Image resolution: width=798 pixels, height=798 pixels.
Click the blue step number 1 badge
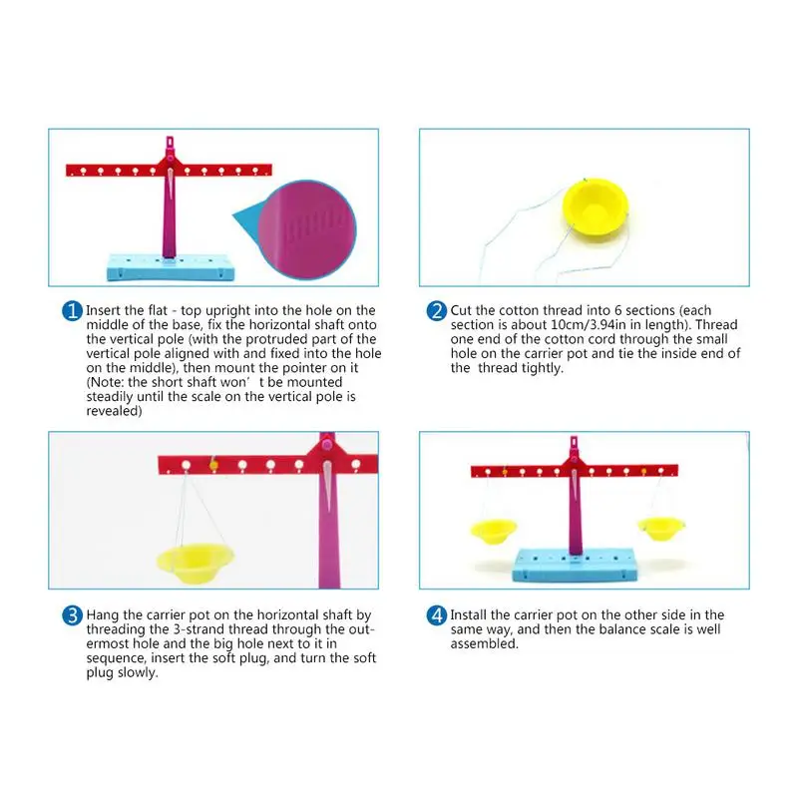pyautogui.click(x=72, y=311)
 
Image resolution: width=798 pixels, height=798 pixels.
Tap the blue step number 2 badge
pyautogui.click(x=437, y=311)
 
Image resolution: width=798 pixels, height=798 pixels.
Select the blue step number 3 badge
pyautogui.click(x=72, y=615)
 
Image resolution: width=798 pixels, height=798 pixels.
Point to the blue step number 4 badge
pyautogui.click(x=437, y=615)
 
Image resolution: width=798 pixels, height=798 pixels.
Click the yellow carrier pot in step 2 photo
pyautogui.click(x=596, y=206)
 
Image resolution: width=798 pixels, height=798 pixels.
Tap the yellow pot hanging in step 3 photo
pyautogui.click(x=195, y=563)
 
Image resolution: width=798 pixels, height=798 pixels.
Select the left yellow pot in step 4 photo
pyautogui.click(x=493, y=531)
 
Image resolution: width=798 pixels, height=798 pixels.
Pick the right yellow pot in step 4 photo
pyautogui.click(x=660, y=529)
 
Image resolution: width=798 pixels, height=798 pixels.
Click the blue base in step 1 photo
pyautogui.click(x=171, y=267)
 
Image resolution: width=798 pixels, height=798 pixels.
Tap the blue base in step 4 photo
pyautogui.click(x=576, y=565)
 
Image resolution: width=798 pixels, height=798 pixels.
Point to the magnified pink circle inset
pyautogui.click(x=307, y=230)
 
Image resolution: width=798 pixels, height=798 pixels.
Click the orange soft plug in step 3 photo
pyautogui.click(x=213, y=465)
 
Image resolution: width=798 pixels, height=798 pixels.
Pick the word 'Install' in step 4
pyautogui.click(x=468, y=614)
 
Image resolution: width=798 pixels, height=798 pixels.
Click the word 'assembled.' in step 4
pyautogui.click(x=484, y=643)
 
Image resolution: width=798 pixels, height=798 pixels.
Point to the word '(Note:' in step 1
pyautogui.click(x=106, y=382)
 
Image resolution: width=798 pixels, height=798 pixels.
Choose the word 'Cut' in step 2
pyautogui.click(x=461, y=310)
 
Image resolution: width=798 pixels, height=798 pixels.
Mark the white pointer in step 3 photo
pyautogui.click(x=327, y=486)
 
